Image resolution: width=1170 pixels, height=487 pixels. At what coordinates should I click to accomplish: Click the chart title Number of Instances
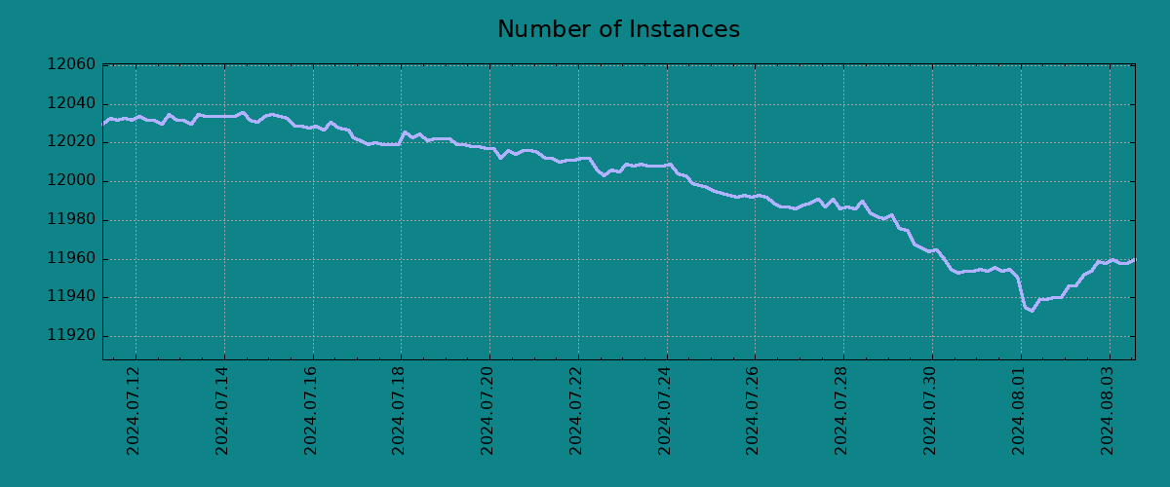click(618, 30)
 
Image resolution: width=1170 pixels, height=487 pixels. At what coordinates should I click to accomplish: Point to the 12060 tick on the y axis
click(71, 65)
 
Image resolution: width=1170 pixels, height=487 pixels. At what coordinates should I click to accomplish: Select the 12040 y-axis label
click(71, 104)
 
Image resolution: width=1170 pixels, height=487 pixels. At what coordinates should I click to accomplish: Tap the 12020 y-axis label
click(71, 142)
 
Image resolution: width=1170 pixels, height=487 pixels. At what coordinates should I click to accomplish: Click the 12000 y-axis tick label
click(71, 181)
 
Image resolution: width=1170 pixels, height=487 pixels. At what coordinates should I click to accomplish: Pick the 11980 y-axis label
click(71, 220)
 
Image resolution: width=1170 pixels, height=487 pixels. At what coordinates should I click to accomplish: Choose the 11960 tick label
click(71, 259)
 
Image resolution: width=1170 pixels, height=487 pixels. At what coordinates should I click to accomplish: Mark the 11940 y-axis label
click(71, 298)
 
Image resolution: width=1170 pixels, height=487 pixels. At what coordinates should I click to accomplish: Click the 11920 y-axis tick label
click(71, 337)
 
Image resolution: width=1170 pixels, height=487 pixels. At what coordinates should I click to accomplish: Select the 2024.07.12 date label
click(135, 410)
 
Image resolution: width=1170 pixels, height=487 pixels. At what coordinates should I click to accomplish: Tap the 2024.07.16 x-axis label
click(312, 410)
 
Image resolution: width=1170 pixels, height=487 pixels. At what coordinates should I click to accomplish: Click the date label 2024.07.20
click(489, 410)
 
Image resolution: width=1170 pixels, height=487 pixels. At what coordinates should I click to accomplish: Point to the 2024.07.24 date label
click(666, 410)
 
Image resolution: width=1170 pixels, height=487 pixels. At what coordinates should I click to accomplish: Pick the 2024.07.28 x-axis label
click(843, 410)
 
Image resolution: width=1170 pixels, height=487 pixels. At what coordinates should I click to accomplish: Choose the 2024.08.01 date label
click(1021, 410)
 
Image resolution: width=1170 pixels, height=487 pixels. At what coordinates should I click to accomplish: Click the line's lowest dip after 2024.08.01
click(1032, 311)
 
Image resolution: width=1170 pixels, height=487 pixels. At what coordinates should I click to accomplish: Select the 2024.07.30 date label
click(932, 410)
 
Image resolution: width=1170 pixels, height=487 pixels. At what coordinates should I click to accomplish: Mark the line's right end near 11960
click(1134, 260)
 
